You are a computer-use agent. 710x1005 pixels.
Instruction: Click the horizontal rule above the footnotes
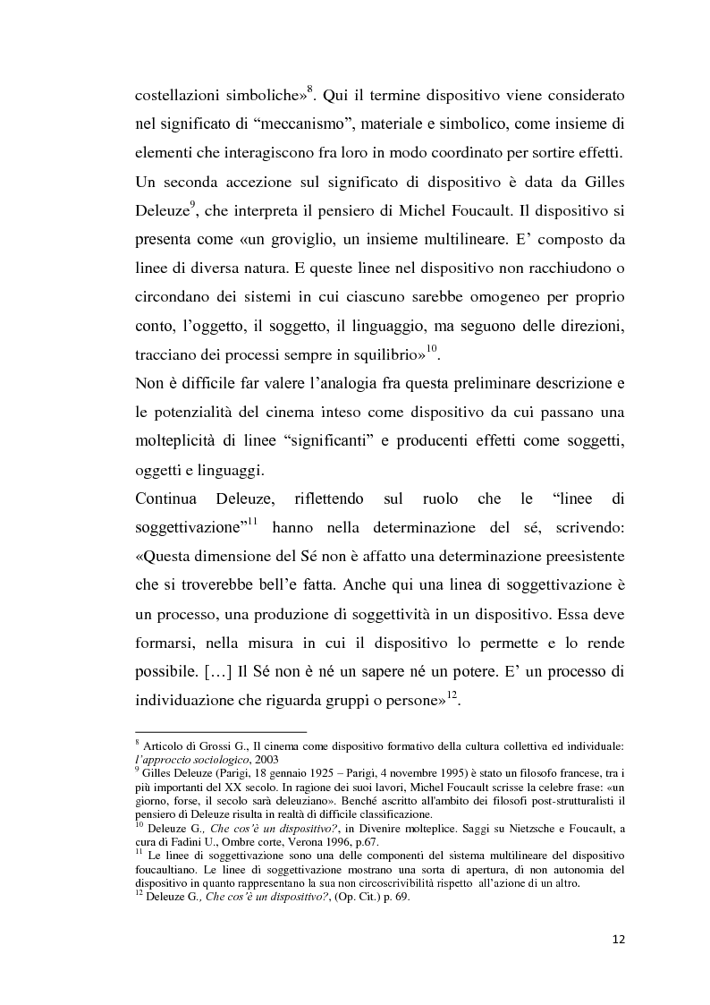pos(220,731)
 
